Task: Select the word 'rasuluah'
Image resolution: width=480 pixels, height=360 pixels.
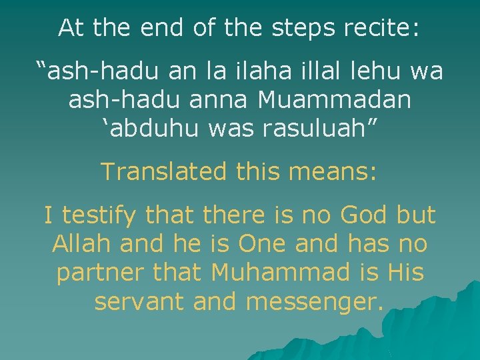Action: pos(325,129)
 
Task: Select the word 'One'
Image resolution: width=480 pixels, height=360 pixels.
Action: pos(263,244)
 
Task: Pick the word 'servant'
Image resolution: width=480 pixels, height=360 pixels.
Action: pos(139,302)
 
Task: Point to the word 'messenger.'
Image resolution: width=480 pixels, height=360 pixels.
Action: pos(315,302)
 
